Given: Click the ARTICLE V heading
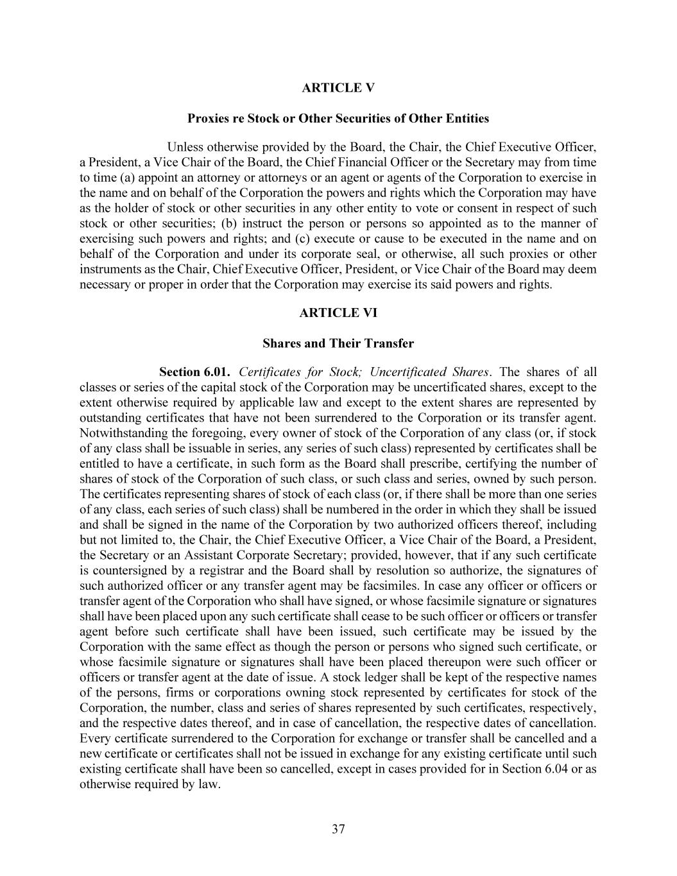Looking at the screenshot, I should click(338, 88).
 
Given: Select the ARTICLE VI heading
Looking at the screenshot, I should click(338, 313).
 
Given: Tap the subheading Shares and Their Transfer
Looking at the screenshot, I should click(338, 343).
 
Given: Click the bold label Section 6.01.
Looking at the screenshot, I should click(194, 372).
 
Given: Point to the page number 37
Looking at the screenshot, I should click(338, 829).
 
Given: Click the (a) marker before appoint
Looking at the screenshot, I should click(125, 178).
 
